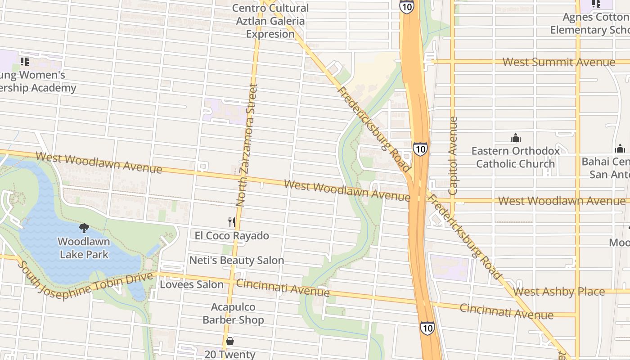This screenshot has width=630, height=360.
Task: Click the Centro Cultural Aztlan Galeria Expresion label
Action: [x=270, y=21]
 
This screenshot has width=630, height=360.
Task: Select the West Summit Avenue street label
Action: [x=558, y=62]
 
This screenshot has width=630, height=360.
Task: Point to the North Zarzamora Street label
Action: [x=247, y=145]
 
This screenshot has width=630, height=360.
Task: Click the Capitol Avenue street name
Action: [x=453, y=156]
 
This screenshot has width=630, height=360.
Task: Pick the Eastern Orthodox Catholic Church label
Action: [x=515, y=157]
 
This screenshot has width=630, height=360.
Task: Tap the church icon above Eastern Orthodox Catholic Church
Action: [x=515, y=138]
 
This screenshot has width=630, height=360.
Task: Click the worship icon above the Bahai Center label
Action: [x=620, y=148]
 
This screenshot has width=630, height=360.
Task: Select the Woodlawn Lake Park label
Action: [x=84, y=248]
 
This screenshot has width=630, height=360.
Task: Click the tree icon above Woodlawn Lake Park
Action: [x=84, y=228]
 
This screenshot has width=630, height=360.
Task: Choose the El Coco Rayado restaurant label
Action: [x=232, y=235]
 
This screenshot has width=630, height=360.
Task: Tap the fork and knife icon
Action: [x=232, y=222]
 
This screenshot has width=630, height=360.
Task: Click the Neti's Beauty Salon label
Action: [x=236, y=260]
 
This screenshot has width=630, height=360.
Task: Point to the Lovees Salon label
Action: [x=192, y=284]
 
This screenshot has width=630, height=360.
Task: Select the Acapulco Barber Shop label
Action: [x=233, y=313]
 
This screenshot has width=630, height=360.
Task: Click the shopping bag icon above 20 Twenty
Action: [x=230, y=341]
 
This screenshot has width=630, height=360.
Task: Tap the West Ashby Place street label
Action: [x=558, y=292]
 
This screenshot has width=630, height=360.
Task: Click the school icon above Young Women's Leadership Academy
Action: [x=24, y=61]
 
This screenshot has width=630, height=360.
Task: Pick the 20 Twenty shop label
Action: [x=230, y=354]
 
